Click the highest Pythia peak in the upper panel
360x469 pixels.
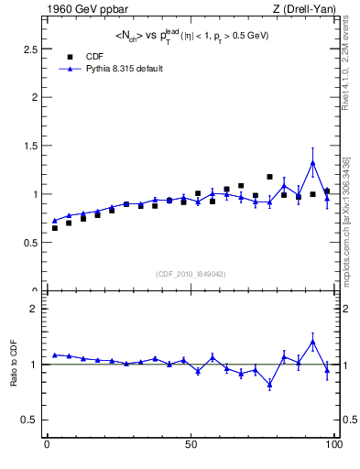tap(312, 162)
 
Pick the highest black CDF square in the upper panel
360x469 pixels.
tap(269, 177)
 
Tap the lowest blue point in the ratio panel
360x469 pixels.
tap(269, 385)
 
